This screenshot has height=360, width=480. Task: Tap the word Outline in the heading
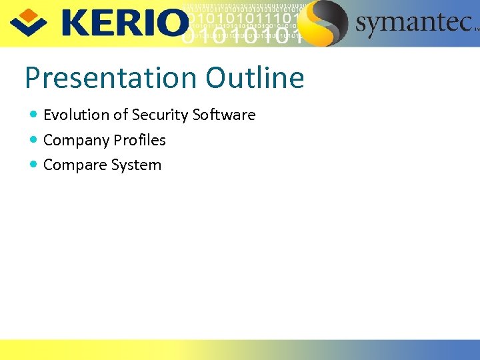[255, 78]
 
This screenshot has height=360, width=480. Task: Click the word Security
[160, 115]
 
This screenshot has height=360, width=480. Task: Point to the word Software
[224, 115]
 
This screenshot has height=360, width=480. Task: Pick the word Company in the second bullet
[76, 141]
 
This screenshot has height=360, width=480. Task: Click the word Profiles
[139, 140]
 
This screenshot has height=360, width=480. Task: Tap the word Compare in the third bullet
[74, 165]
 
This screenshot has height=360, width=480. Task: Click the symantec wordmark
[413, 24]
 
